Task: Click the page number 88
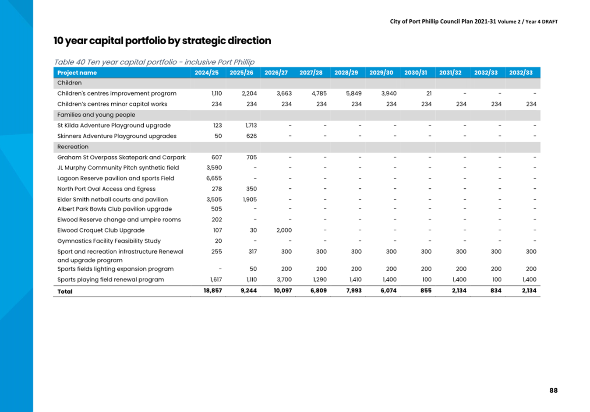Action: click(553, 390)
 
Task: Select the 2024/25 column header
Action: click(206, 73)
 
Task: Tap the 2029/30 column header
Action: click(381, 73)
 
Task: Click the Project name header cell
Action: click(77, 73)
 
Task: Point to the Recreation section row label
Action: click(73, 147)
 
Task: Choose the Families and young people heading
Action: click(96, 115)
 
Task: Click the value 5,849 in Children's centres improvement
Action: click(354, 93)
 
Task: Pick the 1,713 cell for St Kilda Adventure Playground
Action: click(251, 125)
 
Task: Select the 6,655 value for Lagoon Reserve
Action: click(214, 178)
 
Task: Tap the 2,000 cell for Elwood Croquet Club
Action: click(284, 230)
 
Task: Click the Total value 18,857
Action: click(213, 290)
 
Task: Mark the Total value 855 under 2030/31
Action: click(426, 290)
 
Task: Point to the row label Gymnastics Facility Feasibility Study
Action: click(109, 241)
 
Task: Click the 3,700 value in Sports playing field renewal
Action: click(284, 279)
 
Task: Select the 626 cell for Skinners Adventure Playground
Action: click(251, 136)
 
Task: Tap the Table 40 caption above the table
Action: click(154, 62)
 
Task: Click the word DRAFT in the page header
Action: click(550, 21)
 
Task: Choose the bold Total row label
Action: click(65, 292)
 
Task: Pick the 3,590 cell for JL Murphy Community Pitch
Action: click(214, 168)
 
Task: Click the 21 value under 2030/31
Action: click(429, 93)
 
